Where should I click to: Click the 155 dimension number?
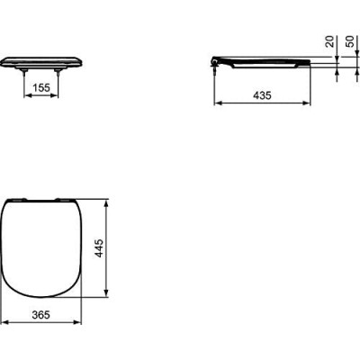(x=40, y=89)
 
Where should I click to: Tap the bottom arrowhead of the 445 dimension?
(x=108, y=294)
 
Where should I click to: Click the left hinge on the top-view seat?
(x=26, y=199)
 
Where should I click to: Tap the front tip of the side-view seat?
(x=310, y=63)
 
